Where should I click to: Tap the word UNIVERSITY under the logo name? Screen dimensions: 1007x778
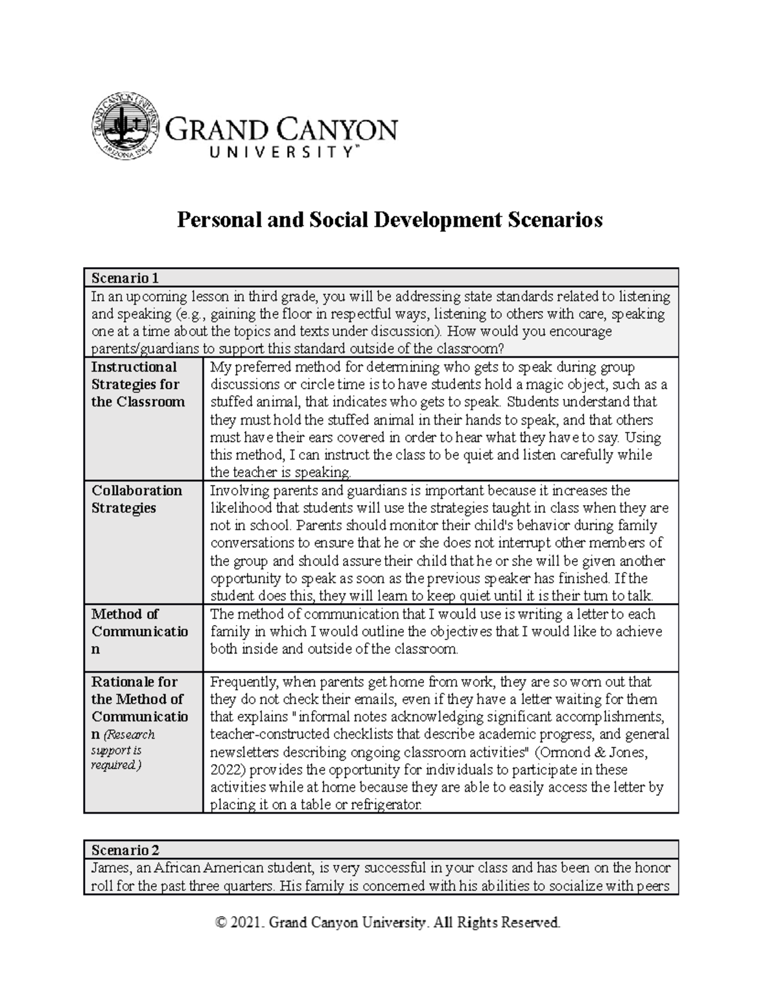coord(280,153)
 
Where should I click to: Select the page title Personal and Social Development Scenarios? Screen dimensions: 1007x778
coord(390,220)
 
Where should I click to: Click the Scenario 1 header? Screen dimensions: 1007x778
coord(125,278)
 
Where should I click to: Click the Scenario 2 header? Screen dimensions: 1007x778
coord(125,849)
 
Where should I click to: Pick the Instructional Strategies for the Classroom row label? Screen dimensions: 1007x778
coord(138,384)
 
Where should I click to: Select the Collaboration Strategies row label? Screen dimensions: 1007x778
coord(137,499)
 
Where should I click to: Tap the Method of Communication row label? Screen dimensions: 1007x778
coord(139,631)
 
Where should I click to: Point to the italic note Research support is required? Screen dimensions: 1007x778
coord(123,750)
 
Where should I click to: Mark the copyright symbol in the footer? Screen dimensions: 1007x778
coord(222,923)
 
